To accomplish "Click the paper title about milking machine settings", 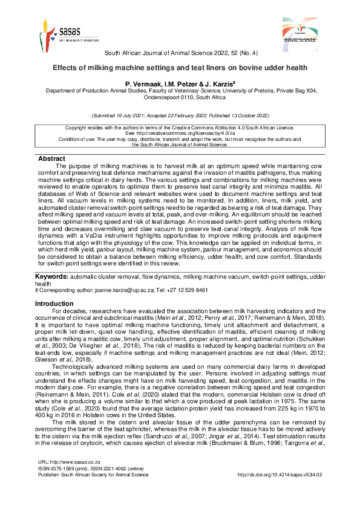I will click(x=180, y=68).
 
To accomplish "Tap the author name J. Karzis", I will click(x=209, y=83).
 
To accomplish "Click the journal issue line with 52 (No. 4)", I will click(x=180, y=53).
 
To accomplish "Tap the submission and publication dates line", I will click(x=180, y=115).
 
